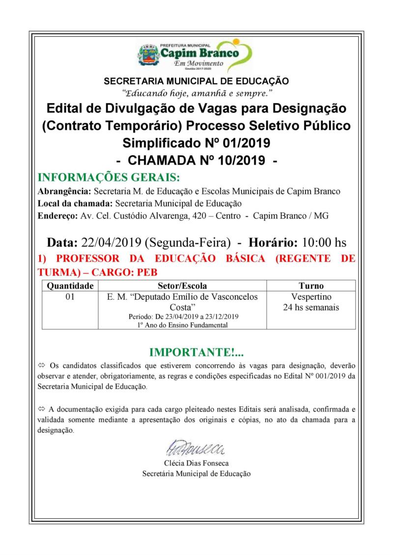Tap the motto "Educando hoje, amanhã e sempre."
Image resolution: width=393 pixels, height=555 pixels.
tap(196, 92)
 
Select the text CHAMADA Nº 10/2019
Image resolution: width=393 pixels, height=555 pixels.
tap(196, 159)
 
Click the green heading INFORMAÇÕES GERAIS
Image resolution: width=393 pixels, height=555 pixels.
tap(109, 177)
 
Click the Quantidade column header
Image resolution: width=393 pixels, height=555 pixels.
tap(66, 286)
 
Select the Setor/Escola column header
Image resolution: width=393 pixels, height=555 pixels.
tap(182, 286)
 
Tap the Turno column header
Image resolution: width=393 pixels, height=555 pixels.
tap(311, 286)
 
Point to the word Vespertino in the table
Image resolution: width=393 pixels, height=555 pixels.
tap(311, 297)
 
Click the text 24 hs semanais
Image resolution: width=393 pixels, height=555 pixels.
tap(311, 307)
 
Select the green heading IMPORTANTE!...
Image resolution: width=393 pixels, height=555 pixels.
tap(196, 352)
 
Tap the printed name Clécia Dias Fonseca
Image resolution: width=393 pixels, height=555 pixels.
tap(196, 463)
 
